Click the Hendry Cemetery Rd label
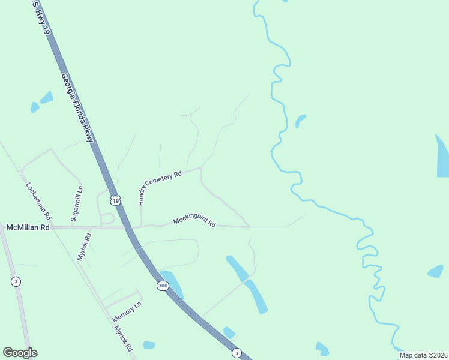click(x=160, y=188)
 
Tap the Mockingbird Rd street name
click(x=194, y=221)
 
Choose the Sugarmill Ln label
click(x=77, y=204)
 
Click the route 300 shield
click(x=163, y=286)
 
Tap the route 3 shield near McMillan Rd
click(x=16, y=281)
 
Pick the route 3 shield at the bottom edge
click(x=237, y=353)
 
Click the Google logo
click(x=20, y=353)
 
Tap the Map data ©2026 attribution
click(x=424, y=355)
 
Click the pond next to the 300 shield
click(x=172, y=282)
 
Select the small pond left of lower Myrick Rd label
click(x=149, y=345)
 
